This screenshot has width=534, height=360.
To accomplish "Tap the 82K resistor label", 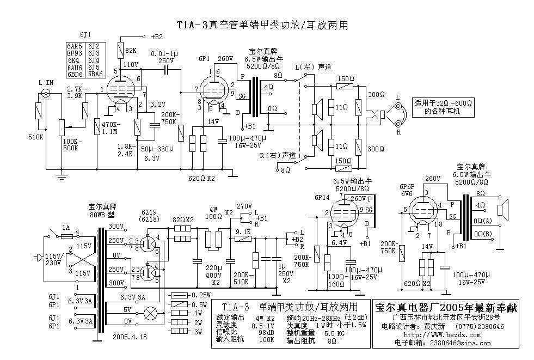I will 131,51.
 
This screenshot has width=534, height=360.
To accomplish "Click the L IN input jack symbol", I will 46,94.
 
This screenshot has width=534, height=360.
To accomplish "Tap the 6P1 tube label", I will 205,58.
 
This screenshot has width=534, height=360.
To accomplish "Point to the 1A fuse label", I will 65,228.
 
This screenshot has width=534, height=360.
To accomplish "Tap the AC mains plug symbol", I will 40,257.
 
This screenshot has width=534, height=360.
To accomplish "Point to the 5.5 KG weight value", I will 334,332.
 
